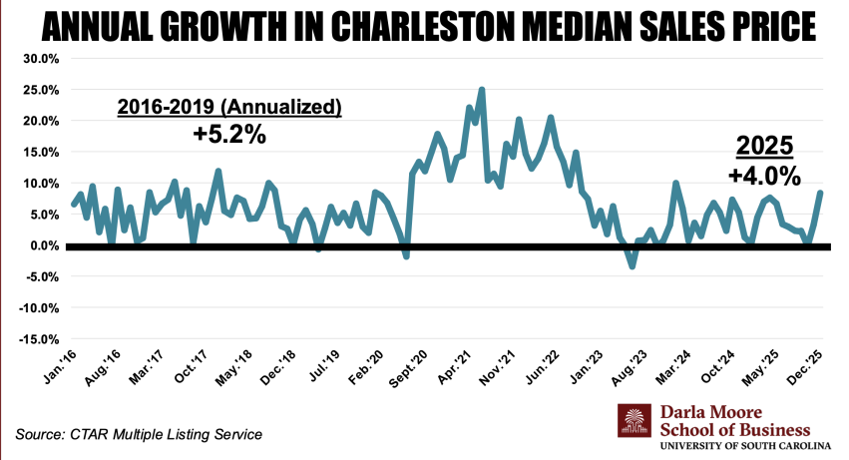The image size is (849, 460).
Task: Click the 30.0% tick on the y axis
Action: pos(40,58)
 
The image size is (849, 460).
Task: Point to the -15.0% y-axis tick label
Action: pos(38,339)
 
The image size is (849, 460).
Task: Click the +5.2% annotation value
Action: pos(229,134)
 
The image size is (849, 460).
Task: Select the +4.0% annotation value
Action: pos(764,177)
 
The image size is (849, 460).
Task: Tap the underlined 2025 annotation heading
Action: pos(764,147)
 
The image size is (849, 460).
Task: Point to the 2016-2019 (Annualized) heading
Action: pos(229,106)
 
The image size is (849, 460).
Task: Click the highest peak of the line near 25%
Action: pos(482,90)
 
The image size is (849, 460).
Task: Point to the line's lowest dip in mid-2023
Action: pos(632,266)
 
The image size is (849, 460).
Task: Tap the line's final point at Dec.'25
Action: pos(820,194)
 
